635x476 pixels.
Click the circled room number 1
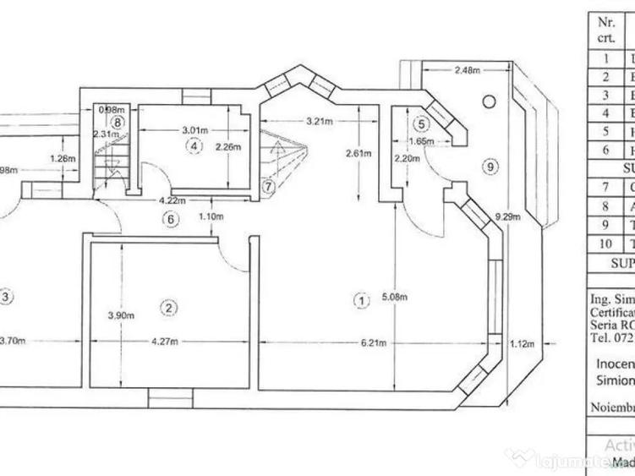pos(361,299)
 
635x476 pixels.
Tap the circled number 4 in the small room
pos(194,146)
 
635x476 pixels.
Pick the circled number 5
pos(421,120)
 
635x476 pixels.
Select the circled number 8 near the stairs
pos(118,122)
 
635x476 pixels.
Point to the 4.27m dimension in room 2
pos(167,342)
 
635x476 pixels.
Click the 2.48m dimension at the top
pos(467,70)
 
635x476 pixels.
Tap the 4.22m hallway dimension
pos(172,200)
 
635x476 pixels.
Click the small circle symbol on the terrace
pos(489,100)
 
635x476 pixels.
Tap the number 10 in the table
pos(605,243)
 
